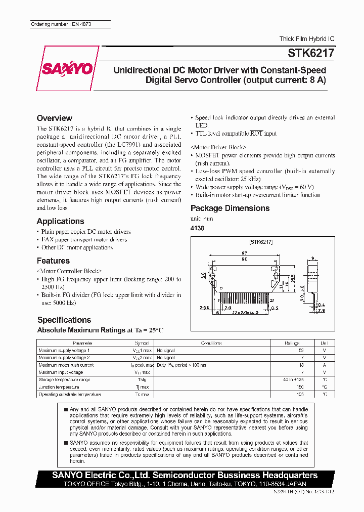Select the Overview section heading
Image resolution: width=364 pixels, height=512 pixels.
(x=55, y=118)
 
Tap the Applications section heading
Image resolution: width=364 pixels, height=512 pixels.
(x=60, y=221)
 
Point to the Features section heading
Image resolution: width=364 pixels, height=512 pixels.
(x=53, y=261)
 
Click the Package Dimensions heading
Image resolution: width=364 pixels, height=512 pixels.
(x=230, y=208)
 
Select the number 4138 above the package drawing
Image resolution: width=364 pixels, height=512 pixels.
(x=197, y=228)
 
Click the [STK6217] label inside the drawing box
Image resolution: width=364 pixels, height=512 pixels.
(x=261, y=242)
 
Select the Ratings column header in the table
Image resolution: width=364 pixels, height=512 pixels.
(x=292, y=343)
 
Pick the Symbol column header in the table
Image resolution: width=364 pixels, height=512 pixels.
(x=142, y=343)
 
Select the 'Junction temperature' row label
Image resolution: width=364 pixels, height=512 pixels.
(x=59, y=387)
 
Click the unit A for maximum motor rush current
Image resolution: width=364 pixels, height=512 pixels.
(x=325, y=365)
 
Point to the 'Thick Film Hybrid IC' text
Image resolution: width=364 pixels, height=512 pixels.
(x=307, y=39)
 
